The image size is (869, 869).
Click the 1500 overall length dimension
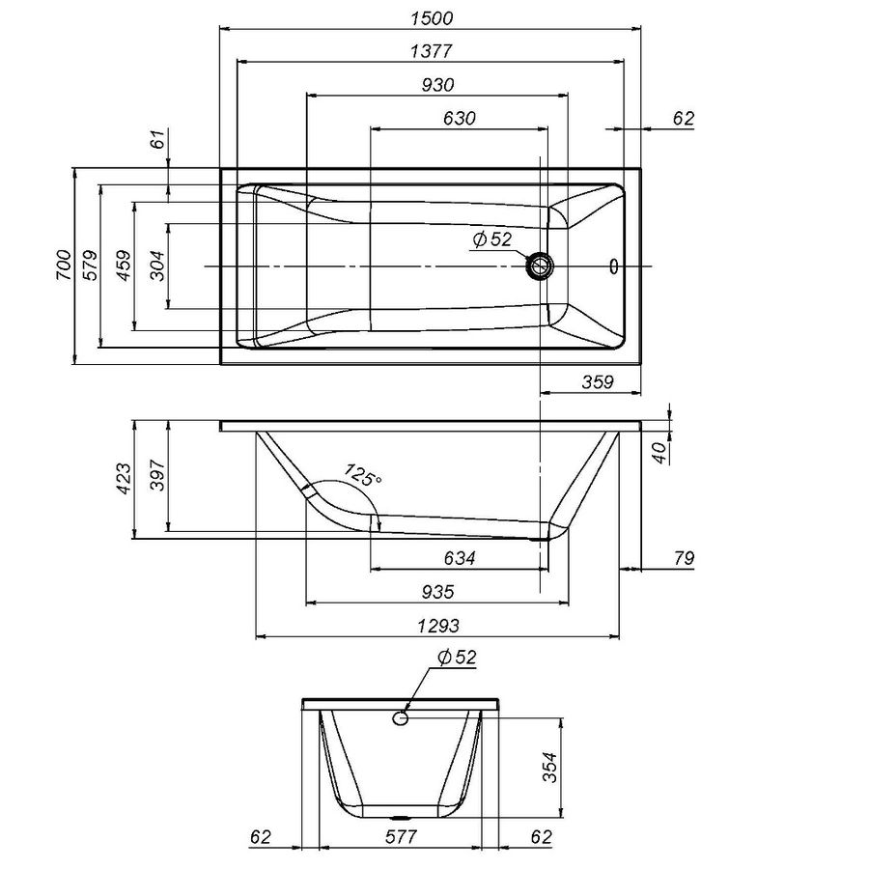[x=432, y=18]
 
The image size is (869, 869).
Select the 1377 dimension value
[x=432, y=51]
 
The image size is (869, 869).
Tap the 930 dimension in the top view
[x=437, y=85]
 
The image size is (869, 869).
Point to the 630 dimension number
[x=460, y=118]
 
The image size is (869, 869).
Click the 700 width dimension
[x=64, y=265]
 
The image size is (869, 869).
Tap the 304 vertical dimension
[x=157, y=266]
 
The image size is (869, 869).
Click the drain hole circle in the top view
[x=539, y=266]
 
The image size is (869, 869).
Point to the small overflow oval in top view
[x=613, y=266]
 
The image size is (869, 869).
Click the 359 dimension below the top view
[x=598, y=381]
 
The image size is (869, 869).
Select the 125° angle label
[x=362, y=475]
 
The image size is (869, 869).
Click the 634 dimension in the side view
[x=460, y=557]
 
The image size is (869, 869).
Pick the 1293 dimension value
[x=438, y=626]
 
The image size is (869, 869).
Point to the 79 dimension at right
[x=684, y=557]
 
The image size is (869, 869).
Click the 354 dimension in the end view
[x=548, y=767]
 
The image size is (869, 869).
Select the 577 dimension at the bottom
[x=401, y=836]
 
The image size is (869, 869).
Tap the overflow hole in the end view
[x=401, y=718]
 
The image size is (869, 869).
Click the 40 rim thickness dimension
[x=659, y=453]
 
